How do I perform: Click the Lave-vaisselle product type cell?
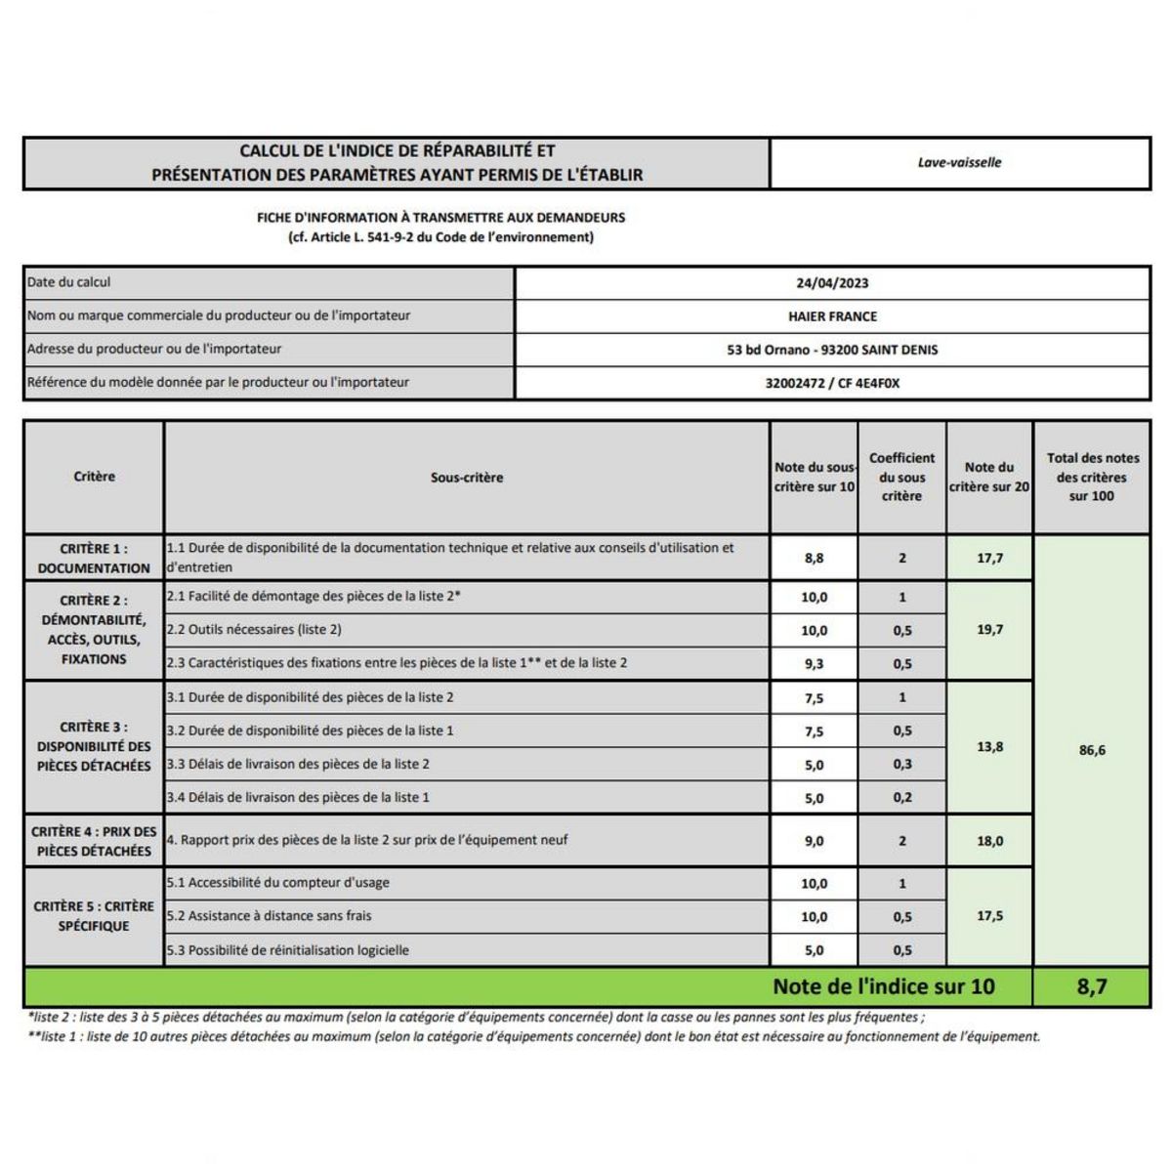point(959,163)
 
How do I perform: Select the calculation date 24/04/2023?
point(832,283)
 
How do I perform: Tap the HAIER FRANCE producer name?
point(832,316)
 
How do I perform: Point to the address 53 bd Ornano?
point(832,350)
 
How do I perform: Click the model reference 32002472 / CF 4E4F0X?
point(832,383)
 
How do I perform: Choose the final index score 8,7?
point(1092,986)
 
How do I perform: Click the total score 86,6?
point(1092,750)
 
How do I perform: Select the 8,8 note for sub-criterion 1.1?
point(814,558)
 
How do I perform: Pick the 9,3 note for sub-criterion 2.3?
point(814,663)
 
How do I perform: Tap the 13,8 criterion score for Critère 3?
point(989,746)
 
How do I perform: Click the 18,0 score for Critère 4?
point(989,841)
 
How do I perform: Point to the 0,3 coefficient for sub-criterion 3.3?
point(901,765)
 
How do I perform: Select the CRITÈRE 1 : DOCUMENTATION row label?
point(94,558)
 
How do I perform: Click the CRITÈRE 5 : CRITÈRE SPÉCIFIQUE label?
point(94,916)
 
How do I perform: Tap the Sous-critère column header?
point(467,478)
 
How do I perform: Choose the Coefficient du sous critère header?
point(901,477)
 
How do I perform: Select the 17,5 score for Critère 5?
point(989,916)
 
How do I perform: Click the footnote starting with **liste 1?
point(534,1037)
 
